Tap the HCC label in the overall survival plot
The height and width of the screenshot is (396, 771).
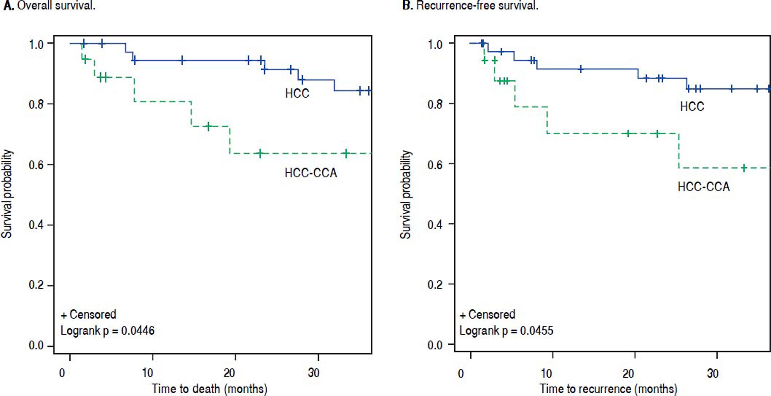(x=297, y=93)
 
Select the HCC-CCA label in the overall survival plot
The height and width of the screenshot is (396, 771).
(x=311, y=173)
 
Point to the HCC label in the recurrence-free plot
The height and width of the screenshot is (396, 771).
(x=692, y=107)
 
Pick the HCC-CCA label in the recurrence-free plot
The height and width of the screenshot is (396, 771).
(x=704, y=187)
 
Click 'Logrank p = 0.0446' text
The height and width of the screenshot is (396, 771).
(x=107, y=331)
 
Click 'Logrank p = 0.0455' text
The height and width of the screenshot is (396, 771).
(x=506, y=331)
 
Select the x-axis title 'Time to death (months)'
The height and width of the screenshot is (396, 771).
(x=209, y=388)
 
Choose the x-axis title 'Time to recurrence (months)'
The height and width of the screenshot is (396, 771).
(x=608, y=388)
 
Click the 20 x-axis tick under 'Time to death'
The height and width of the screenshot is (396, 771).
(x=229, y=373)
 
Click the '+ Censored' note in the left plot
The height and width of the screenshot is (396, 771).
(x=89, y=314)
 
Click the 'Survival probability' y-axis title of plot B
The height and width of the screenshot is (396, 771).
(x=406, y=195)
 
